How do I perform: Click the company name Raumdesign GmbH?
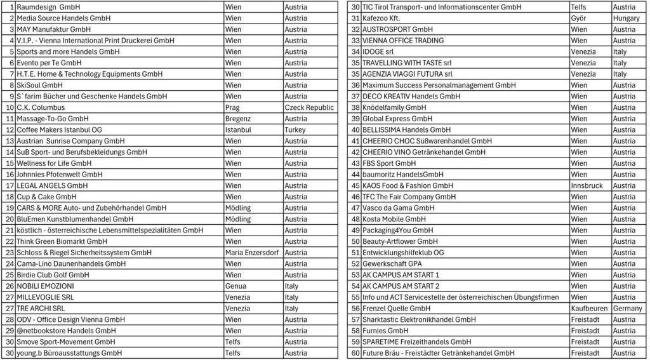(48, 7)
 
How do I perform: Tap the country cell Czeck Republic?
(309, 107)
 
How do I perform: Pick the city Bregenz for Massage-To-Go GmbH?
(239, 119)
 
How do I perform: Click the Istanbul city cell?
(239, 130)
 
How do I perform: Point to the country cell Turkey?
(295, 130)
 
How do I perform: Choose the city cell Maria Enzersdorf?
(251, 253)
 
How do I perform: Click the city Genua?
(235, 286)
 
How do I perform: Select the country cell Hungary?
(626, 18)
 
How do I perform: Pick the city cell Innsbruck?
(586, 185)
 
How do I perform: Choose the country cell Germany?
(627, 309)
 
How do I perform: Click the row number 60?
(355, 353)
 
